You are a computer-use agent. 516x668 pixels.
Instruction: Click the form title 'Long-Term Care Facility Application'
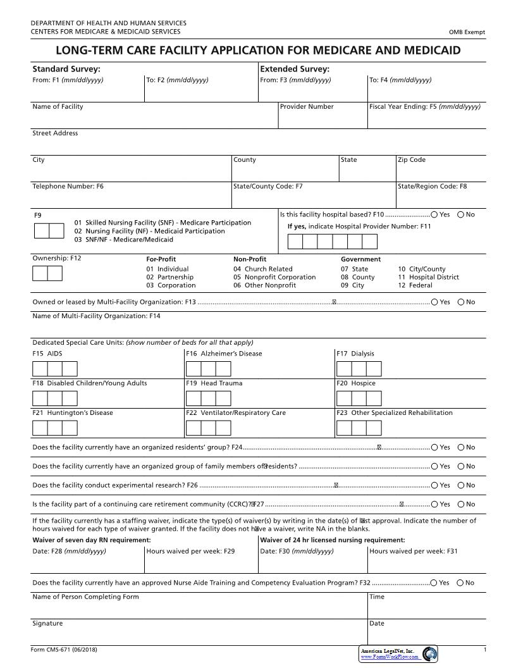click(x=258, y=51)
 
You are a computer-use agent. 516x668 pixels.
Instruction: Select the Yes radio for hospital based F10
click(x=434, y=214)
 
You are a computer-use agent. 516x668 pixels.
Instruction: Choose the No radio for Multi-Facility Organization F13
click(x=460, y=302)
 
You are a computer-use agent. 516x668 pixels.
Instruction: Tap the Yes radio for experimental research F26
click(x=434, y=485)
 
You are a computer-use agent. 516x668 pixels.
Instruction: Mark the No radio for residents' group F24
click(x=460, y=447)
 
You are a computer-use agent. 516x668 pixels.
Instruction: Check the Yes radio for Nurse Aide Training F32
click(x=434, y=583)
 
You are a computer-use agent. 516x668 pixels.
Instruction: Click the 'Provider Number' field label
click(x=307, y=107)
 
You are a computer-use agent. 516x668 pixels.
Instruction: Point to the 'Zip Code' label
click(x=411, y=160)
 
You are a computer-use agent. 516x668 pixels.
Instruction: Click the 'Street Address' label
click(x=55, y=133)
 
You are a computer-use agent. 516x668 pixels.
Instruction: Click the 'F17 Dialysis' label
click(x=355, y=354)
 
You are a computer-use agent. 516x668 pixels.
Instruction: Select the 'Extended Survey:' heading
click(x=295, y=69)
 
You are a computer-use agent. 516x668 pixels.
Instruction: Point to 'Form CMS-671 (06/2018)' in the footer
click(x=64, y=650)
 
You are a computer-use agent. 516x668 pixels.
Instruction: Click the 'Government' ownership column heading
click(x=360, y=259)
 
